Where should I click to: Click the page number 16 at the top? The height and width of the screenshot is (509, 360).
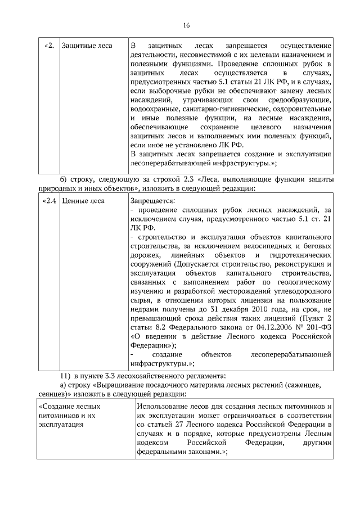click(x=186, y=25)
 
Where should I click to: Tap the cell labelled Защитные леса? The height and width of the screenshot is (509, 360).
click(x=87, y=45)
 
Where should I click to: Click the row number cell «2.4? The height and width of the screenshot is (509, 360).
click(x=49, y=200)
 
